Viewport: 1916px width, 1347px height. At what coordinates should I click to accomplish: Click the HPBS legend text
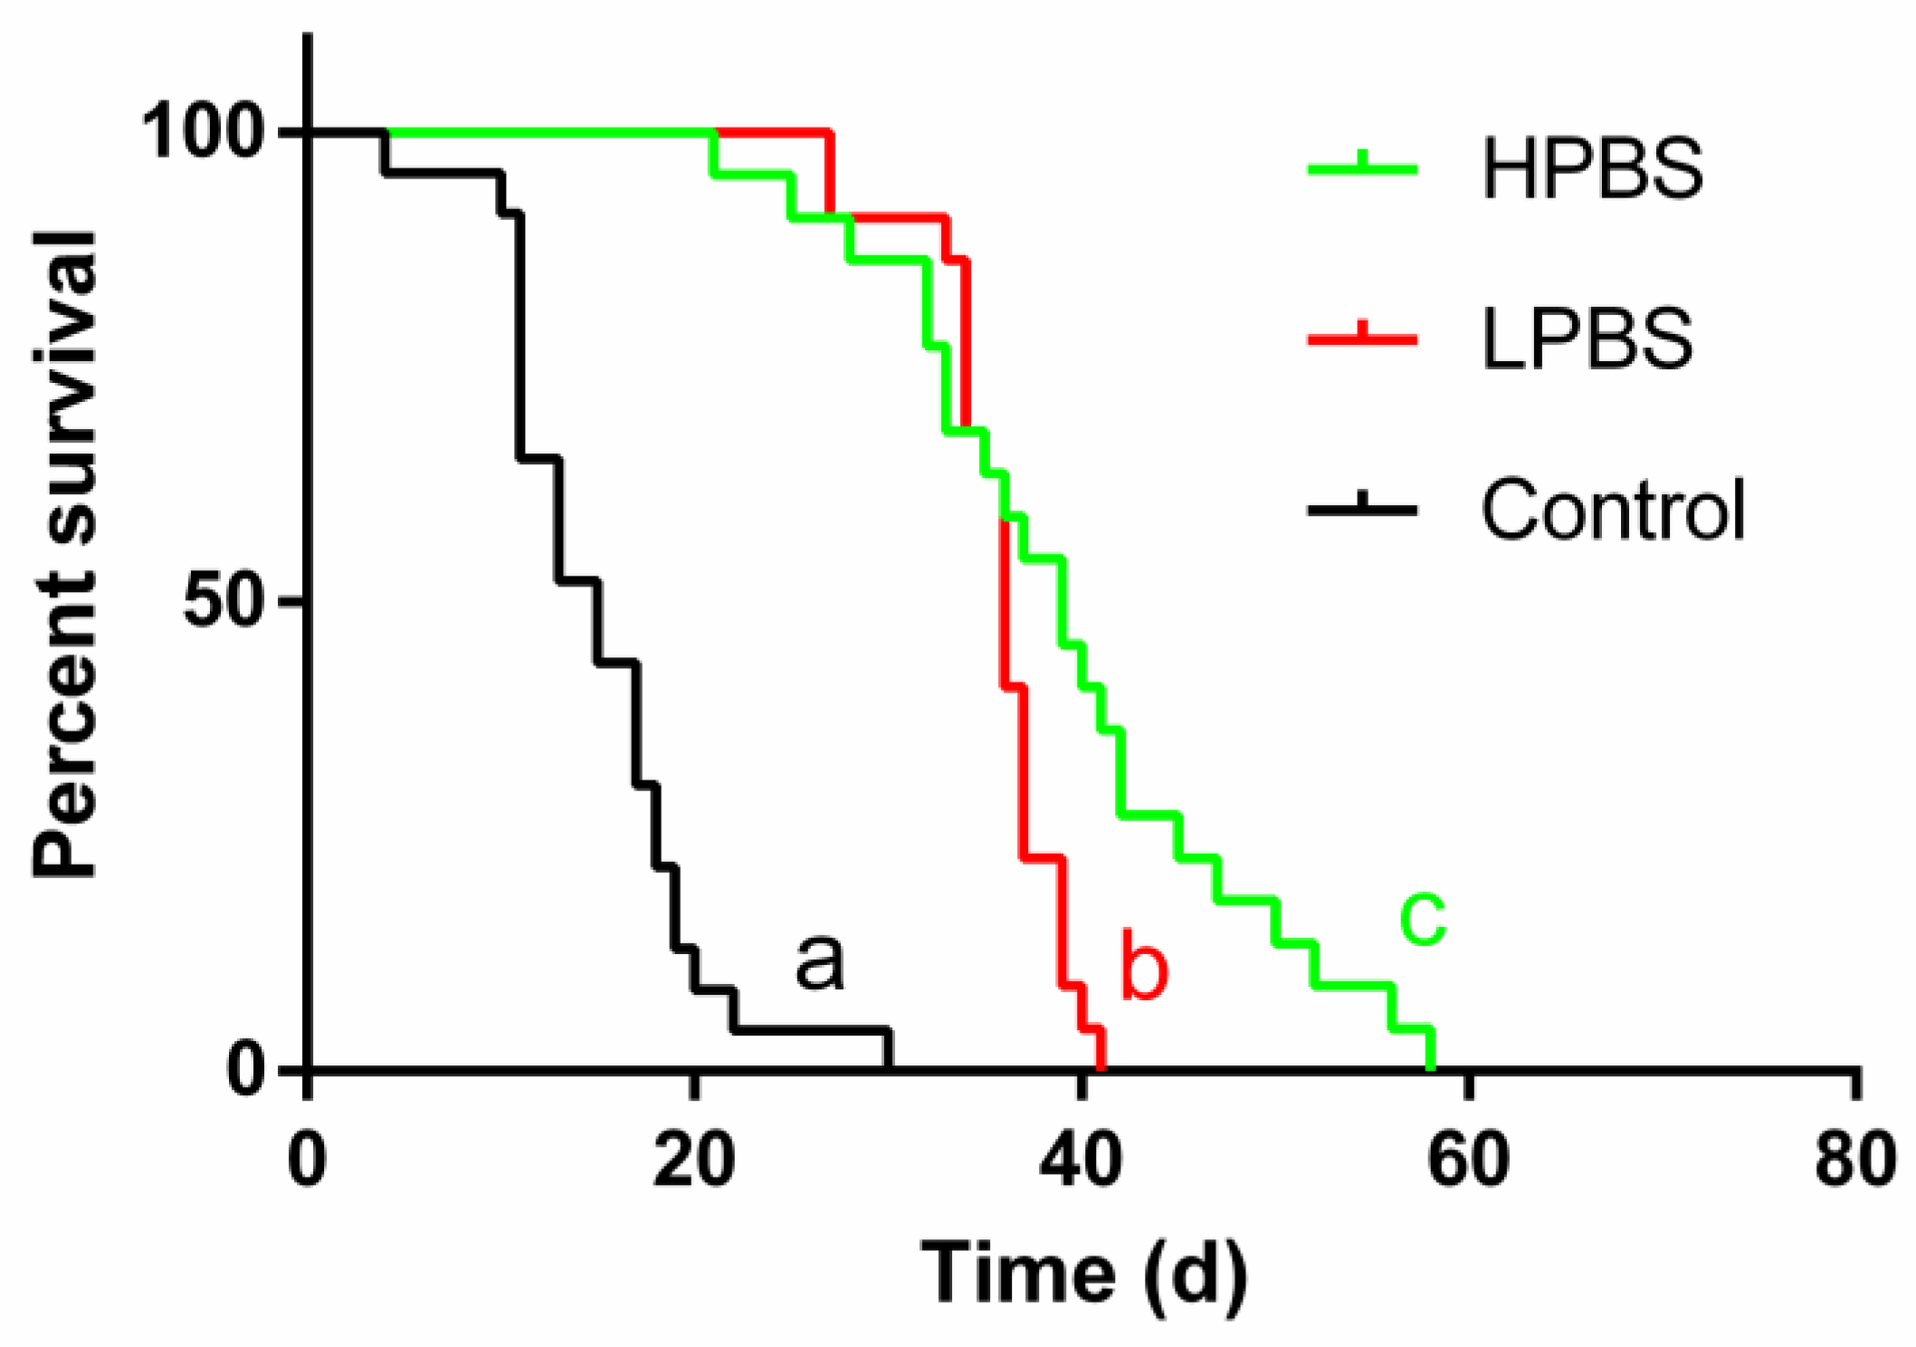[1592, 168]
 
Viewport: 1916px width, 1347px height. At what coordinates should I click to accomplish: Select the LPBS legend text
[1587, 339]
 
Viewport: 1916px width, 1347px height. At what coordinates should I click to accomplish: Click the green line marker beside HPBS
[1362, 168]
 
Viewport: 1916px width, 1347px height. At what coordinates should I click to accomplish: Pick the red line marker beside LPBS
[1362, 339]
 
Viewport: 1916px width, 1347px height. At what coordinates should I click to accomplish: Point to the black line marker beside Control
[1362, 510]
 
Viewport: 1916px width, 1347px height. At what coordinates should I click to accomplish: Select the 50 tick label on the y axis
[230, 601]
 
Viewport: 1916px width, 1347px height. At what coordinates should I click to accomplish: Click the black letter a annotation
[819, 962]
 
